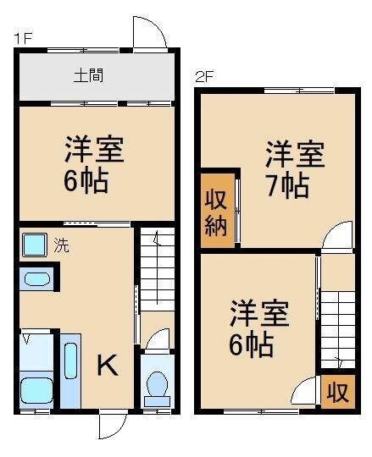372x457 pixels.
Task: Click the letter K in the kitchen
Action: (x=107, y=366)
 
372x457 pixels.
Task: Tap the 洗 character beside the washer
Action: (x=62, y=247)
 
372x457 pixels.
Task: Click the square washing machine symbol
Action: (x=35, y=245)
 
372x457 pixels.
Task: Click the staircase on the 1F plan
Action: (x=156, y=271)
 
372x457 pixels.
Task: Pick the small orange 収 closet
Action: (x=337, y=393)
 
